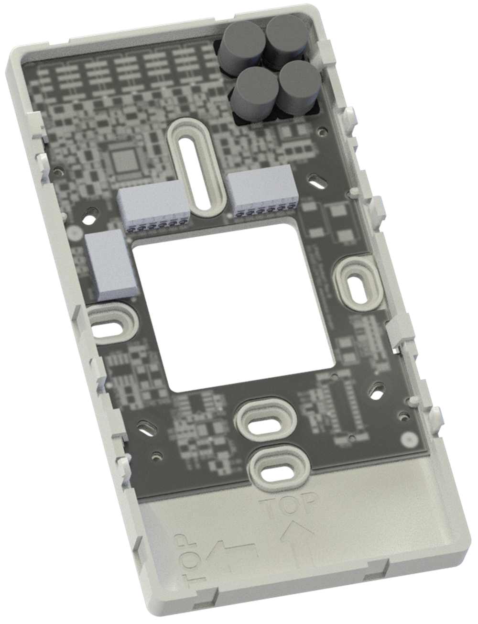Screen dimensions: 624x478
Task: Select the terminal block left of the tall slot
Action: (154, 207)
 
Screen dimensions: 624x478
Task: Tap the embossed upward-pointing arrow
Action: (297, 540)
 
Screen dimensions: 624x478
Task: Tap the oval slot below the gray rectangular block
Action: (109, 325)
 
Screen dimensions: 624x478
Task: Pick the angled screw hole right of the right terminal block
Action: (317, 181)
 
